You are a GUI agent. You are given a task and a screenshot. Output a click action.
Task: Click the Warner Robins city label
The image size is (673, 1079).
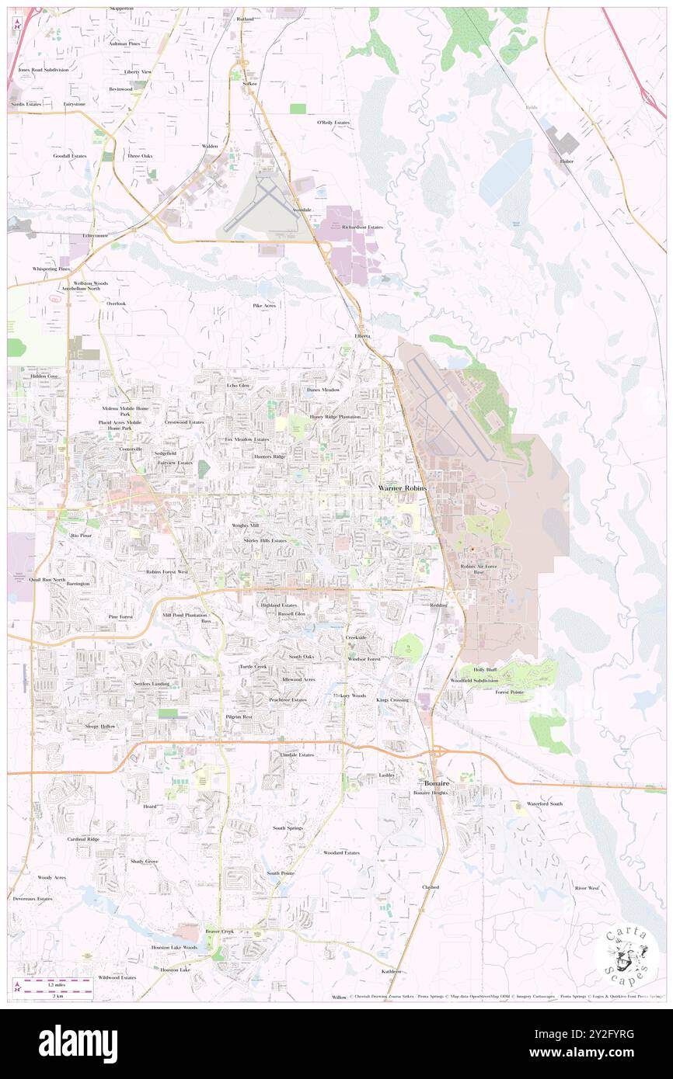click(402, 487)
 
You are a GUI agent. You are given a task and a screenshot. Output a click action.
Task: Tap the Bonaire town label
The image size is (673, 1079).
click(437, 782)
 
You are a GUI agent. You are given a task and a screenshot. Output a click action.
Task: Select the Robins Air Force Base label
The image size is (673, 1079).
click(478, 571)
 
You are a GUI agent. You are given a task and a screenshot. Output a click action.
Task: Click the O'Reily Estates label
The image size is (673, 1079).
click(333, 123)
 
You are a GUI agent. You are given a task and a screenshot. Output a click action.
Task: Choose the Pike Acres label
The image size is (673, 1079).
click(264, 306)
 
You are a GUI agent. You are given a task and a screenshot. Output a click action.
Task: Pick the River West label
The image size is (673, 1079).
click(587, 887)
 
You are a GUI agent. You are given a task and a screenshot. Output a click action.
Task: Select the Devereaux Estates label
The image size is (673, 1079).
click(33, 899)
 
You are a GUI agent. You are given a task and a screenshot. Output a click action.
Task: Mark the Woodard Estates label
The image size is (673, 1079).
click(341, 852)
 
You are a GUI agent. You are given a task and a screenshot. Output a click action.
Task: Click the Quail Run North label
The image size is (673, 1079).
click(47, 580)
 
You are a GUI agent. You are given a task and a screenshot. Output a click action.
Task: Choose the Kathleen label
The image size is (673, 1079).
click(392, 971)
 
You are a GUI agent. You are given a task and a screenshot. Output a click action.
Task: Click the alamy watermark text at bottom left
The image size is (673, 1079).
click(78, 1043)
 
